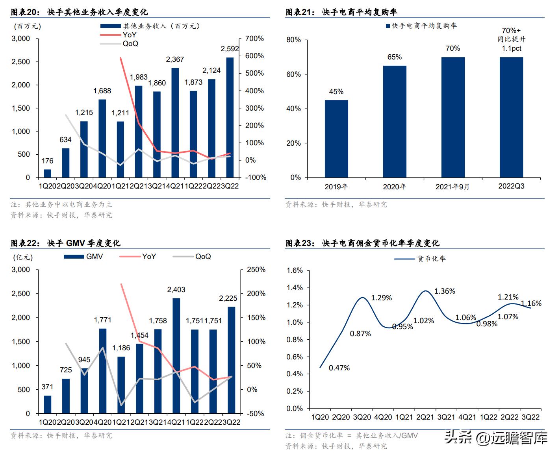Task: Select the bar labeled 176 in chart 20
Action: point(47,173)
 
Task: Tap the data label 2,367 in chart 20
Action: point(175,59)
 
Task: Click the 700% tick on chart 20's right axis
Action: point(254,39)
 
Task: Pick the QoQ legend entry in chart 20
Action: point(130,44)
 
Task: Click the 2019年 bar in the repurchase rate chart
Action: point(336,139)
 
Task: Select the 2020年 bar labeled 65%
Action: point(395,121)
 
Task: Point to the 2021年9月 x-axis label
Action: point(452,187)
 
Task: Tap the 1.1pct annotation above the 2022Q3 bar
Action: point(511,48)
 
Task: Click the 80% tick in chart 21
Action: point(293,40)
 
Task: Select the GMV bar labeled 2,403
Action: point(176,356)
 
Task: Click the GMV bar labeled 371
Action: point(47,404)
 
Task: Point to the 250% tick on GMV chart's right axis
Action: point(256,270)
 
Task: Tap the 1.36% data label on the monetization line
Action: point(445,291)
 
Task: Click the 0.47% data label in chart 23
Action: point(339,368)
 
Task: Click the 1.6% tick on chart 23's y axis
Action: point(295,270)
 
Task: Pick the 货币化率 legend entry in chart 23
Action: point(431,259)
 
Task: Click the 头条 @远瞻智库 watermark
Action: point(496,438)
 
